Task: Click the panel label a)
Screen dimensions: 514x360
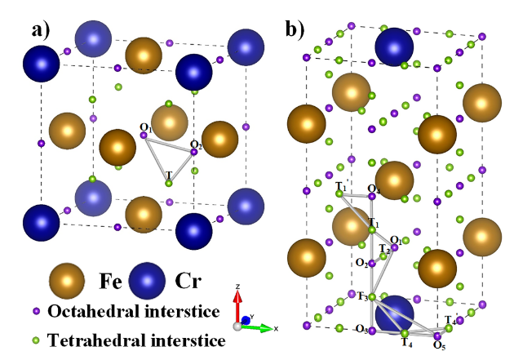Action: coord(41,31)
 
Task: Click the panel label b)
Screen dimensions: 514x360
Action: coord(295,29)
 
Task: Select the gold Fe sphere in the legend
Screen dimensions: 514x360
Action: coord(67,281)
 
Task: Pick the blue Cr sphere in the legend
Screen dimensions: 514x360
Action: coord(147,281)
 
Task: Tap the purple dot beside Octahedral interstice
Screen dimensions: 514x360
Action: coord(36,311)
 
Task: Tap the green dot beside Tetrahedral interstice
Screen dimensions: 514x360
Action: coord(36,340)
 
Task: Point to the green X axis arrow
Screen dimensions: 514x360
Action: coord(257,327)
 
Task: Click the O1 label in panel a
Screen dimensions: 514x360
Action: coord(146,127)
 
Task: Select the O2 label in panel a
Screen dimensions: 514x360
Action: coord(196,144)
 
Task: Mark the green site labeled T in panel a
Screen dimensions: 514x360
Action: coord(169,184)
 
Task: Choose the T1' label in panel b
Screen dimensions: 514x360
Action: coord(341,186)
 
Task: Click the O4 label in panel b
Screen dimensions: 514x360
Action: coord(374,189)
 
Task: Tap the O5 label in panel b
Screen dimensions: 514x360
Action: coord(439,344)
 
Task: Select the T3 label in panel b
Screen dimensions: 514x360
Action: coord(362,296)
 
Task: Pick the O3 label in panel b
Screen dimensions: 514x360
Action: coord(362,329)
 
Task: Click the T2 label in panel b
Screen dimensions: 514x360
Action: coord(384,249)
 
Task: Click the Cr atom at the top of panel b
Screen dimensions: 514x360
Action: coord(394,47)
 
